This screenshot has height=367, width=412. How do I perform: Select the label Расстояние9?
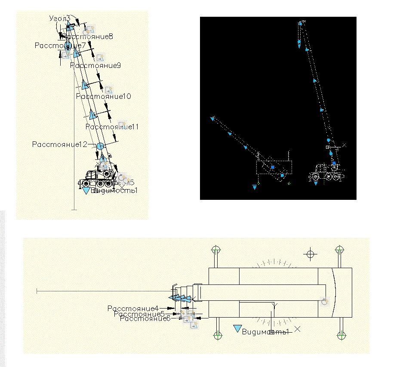[x=95, y=66]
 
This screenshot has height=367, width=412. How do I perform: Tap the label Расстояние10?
[x=103, y=96]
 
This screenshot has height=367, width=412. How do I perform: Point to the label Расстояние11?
[x=112, y=127]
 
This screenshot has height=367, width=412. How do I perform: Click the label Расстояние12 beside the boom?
[x=60, y=144]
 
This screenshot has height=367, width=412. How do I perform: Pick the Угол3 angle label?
[x=59, y=18]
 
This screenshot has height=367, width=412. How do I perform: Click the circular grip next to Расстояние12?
[x=100, y=146]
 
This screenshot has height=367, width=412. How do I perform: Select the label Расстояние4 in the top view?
[x=133, y=308]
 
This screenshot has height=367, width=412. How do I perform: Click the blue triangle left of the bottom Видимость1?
[x=237, y=329]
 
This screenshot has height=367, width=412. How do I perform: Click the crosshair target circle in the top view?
[x=309, y=254]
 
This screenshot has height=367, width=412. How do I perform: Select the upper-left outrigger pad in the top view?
[x=216, y=250]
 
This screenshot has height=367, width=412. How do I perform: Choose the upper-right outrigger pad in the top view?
[x=340, y=250]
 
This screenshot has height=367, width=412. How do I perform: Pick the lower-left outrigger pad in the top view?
[x=218, y=335]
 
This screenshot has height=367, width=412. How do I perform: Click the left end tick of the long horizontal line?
[x=37, y=291]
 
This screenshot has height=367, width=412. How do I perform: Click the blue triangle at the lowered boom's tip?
[x=212, y=119]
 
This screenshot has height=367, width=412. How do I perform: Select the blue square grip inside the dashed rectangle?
[x=272, y=167]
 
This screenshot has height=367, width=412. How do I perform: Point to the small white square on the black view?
[x=328, y=147]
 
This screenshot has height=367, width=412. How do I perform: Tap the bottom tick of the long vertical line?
[x=74, y=209]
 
